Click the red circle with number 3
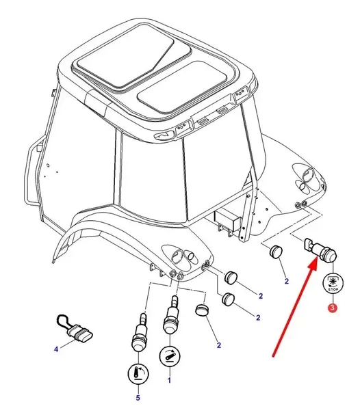tap(333, 308)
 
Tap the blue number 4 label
tap(56, 349)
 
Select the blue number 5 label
tap(138, 398)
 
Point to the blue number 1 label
tap(169, 381)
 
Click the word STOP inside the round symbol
tap(333, 289)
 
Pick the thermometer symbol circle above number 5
tap(138, 374)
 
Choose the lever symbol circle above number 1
tap(169, 357)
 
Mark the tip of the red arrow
tap(317, 258)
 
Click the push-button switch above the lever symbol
tap(170, 314)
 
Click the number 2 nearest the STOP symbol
tap(287, 281)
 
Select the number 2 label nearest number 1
tap(218, 345)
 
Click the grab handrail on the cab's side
tap(34, 170)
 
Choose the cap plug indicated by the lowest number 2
tap(203, 310)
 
